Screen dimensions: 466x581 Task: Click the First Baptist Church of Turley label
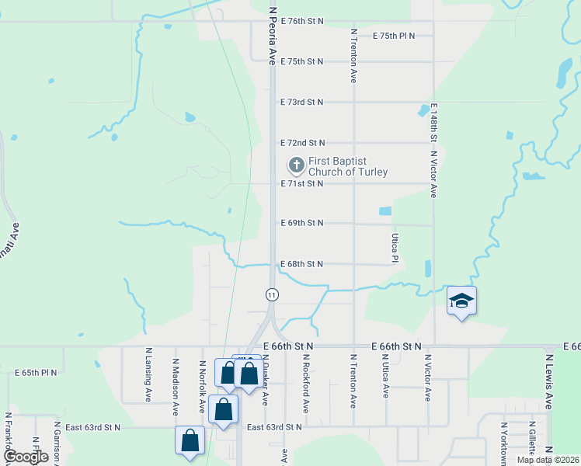(347, 166)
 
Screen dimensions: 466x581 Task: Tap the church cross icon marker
(296, 165)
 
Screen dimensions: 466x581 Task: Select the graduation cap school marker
(461, 301)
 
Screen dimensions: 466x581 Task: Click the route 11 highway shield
(272, 294)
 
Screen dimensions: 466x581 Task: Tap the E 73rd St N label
(302, 102)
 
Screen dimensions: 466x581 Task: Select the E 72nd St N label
(302, 143)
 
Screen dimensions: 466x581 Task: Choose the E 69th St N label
(302, 223)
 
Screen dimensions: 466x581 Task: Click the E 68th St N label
(302, 264)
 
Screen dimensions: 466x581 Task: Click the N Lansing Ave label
(148, 374)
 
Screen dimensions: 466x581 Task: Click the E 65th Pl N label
(37, 373)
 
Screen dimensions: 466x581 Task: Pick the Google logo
(26, 457)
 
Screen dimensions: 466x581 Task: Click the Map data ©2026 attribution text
(548, 460)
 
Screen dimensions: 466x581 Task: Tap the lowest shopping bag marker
(190, 441)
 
